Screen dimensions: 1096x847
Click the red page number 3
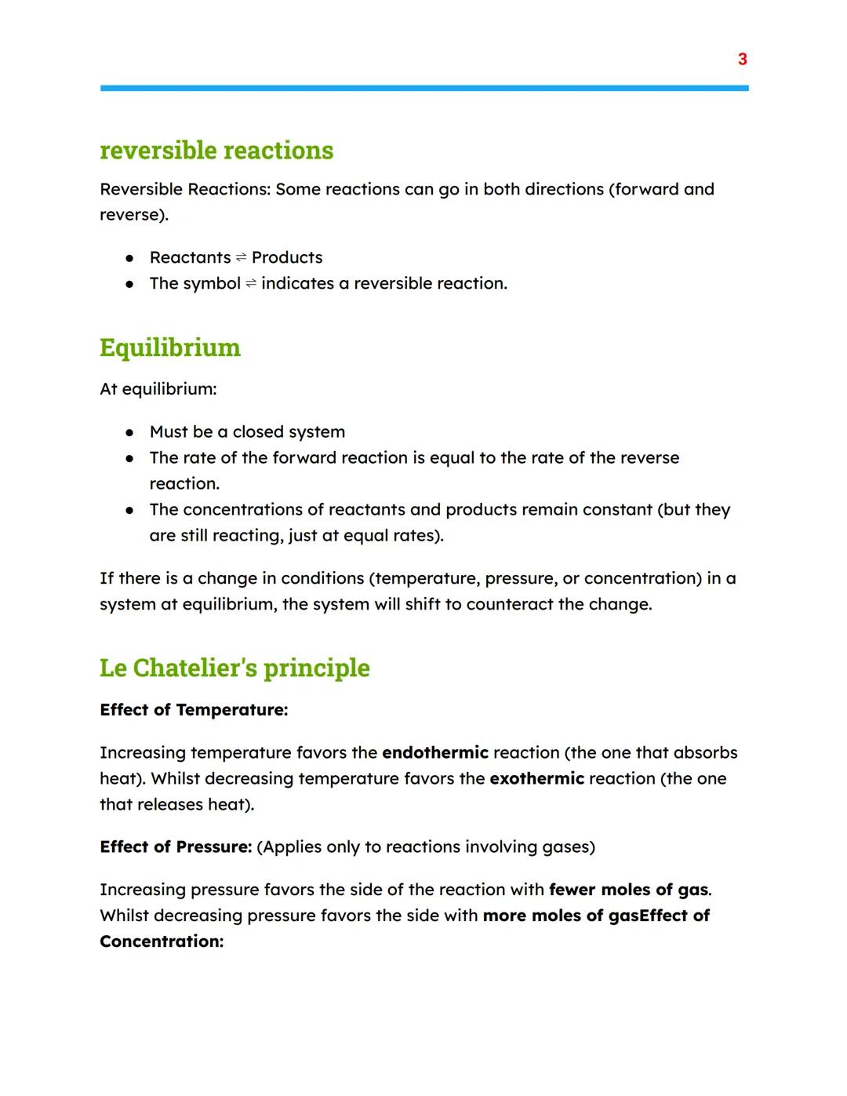pos(742,59)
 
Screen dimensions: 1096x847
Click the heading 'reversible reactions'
pos(216,150)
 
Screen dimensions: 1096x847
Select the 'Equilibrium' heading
pos(170,348)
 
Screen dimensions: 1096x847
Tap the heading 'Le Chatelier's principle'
pos(234,668)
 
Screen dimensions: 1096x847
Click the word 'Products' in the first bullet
pos(287,257)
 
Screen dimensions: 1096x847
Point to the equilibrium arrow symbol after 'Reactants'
pos(241,258)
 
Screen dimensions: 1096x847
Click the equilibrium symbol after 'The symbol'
pos(250,284)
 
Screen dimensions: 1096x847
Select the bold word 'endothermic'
pos(434,752)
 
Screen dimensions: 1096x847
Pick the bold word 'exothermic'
pos(536,778)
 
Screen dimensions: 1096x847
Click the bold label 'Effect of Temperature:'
pos(194,710)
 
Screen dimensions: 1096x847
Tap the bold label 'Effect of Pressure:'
pos(176,847)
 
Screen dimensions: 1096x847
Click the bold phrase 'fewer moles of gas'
pos(628,890)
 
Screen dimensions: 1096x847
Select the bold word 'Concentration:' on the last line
pos(162,941)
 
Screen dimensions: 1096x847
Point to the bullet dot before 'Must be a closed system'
pos(129,432)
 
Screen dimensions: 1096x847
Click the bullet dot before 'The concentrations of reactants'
pos(129,510)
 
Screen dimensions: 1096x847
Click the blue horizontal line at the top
pos(423,89)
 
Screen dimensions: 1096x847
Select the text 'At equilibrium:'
pos(158,389)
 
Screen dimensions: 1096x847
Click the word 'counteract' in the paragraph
pos(510,604)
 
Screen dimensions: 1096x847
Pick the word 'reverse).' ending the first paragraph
pos(133,215)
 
